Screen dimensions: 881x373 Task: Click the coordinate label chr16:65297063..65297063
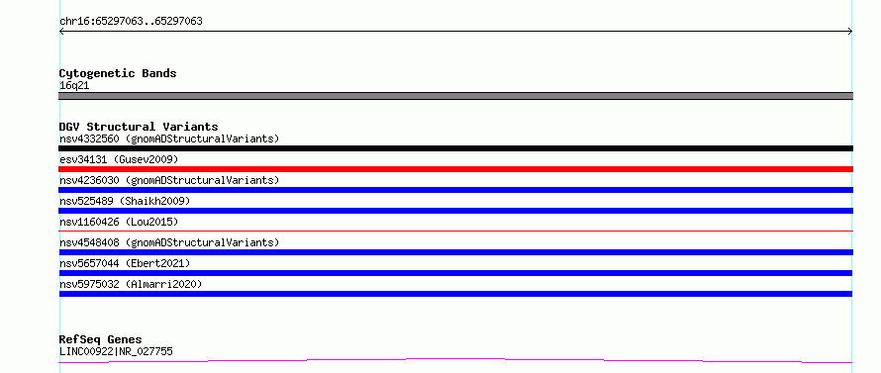(131, 22)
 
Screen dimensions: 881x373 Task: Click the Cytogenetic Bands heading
(118, 73)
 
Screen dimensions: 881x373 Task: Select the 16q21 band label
(74, 86)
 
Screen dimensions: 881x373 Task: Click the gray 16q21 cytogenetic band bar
(455, 96)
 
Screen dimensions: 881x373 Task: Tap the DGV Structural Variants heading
(139, 127)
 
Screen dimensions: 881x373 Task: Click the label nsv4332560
(89, 139)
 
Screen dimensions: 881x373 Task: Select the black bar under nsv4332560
(455, 148)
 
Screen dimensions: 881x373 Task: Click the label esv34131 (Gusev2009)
(119, 159)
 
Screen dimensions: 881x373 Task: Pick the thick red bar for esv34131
(455, 169)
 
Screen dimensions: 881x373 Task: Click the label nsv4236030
(89, 180)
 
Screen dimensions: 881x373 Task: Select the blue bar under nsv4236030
(455, 190)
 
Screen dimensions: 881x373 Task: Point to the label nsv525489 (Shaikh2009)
(125, 201)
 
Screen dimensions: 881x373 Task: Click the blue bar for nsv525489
(455, 211)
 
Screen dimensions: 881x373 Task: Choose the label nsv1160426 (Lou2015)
(119, 222)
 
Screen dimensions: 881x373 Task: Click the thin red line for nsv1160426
(455, 231)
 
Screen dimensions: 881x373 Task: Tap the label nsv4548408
(89, 242)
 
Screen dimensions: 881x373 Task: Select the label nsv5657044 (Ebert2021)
(125, 263)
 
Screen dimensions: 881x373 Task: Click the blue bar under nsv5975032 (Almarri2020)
(455, 294)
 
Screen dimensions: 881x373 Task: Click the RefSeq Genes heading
(100, 339)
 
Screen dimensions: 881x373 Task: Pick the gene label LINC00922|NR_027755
(116, 352)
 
